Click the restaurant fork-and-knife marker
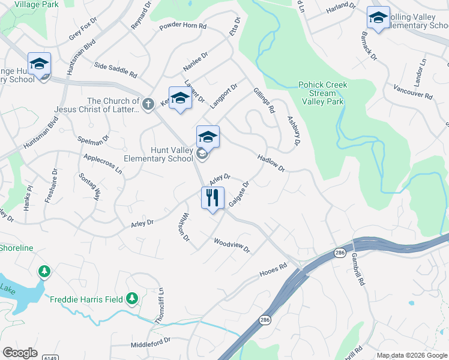212,198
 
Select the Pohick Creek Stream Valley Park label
322,93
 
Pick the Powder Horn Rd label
182,27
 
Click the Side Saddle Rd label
115,69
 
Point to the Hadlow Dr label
270,163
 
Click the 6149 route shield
50,358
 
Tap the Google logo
20,353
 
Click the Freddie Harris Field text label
86,299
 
